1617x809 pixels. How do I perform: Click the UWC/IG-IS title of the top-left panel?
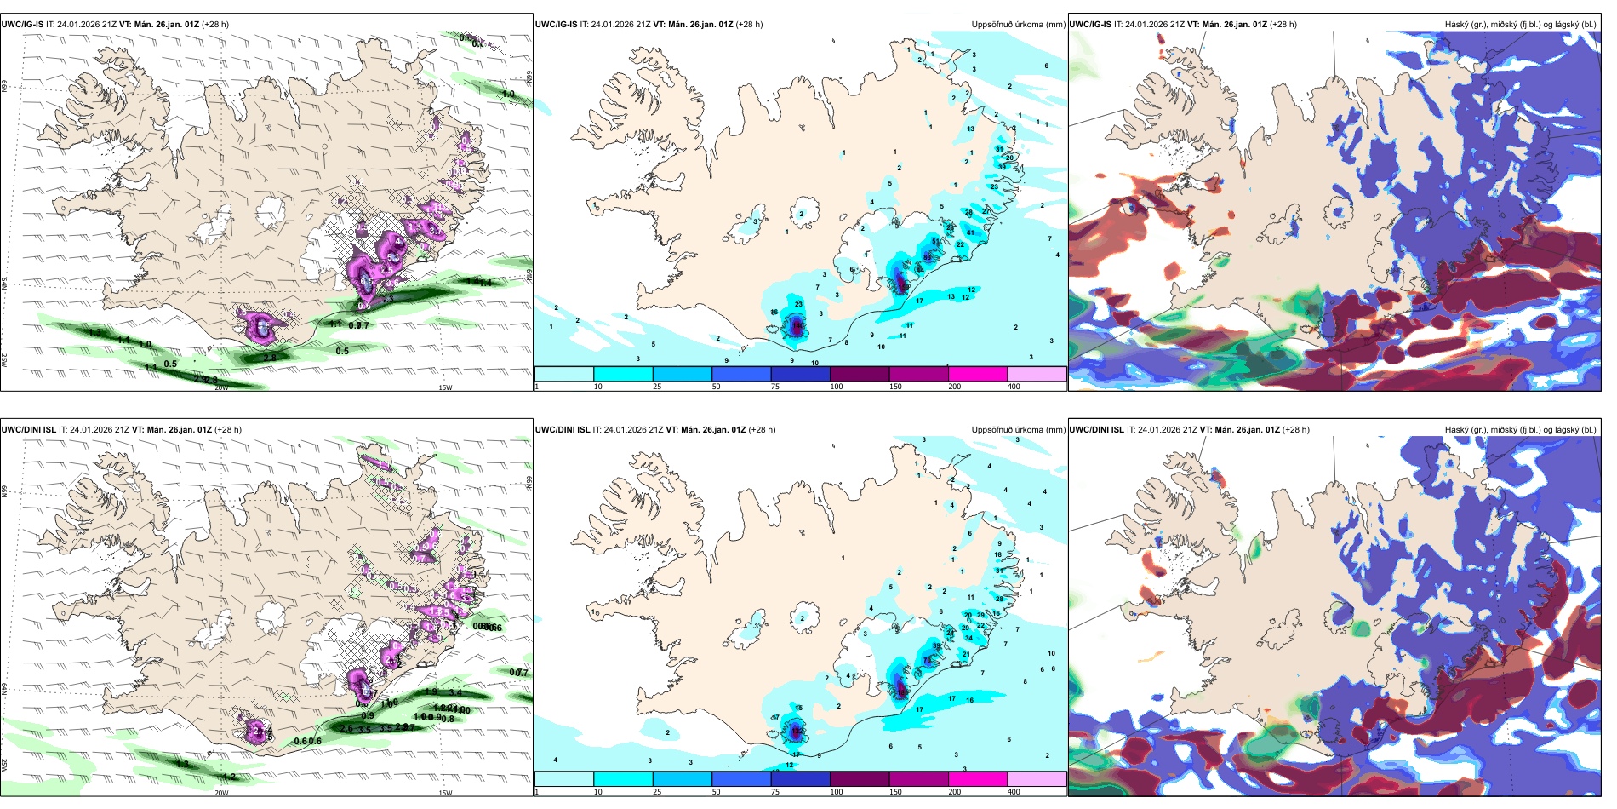tap(22, 25)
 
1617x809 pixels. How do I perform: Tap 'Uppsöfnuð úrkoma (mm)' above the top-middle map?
tap(1018, 25)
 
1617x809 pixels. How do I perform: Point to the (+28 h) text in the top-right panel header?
tap(1283, 25)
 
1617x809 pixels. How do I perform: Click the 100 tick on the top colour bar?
tap(837, 387)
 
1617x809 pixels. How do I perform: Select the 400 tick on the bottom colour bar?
tap(1014, 792)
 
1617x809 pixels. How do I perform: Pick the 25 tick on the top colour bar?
tap(657, 387)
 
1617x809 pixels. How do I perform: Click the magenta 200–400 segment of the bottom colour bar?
tap(978, 779)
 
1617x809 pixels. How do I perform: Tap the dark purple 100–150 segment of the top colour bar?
tap(860, 374)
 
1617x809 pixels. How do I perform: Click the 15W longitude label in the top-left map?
tap(444, 387)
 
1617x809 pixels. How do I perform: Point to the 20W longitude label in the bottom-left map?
tap(221, 793)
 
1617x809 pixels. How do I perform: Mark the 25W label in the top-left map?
tap(4, 360)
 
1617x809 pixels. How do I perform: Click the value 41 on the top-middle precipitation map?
tap(970, 232)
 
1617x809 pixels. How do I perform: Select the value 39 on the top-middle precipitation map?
tap(1002, 167)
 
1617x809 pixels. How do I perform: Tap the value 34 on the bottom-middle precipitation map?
tap(968, 638)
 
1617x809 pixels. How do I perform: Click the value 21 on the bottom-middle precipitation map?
tap(966, 654)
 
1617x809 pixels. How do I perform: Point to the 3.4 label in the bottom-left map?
tap(455, 693)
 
